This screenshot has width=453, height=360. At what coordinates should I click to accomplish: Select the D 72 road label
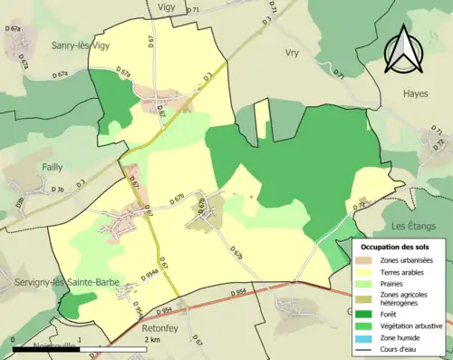(358, 207)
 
